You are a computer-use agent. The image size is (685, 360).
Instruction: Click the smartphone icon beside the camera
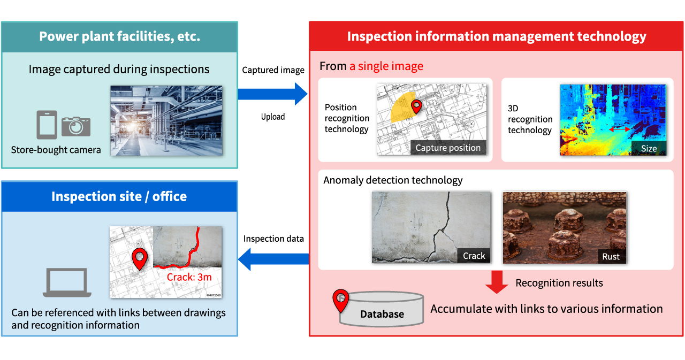pos(47,125)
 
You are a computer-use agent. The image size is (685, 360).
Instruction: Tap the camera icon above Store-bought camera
pos(76,126)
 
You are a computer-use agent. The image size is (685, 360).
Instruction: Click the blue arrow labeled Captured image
pos(272,94)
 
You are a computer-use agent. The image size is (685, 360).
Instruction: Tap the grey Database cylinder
pos(382,312)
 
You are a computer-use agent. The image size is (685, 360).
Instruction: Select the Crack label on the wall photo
pos(474,256)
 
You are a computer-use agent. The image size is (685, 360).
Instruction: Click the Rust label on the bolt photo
pos(611,256)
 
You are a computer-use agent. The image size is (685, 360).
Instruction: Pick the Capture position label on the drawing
pos(448,148)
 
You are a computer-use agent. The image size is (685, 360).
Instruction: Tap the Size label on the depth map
pos(649,149)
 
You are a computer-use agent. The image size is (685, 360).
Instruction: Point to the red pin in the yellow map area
pos(416,107)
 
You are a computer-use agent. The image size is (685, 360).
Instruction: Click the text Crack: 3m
pos(189,277)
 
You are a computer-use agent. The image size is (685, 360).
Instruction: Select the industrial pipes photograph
pos(166,120)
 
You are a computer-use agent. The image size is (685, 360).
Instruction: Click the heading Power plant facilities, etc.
pos(119,37)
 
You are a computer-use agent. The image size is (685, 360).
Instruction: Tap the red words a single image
pos(386,66)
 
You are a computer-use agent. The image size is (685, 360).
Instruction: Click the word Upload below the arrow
pos(273,117)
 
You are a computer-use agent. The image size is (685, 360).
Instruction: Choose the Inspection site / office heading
pos(119,196)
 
